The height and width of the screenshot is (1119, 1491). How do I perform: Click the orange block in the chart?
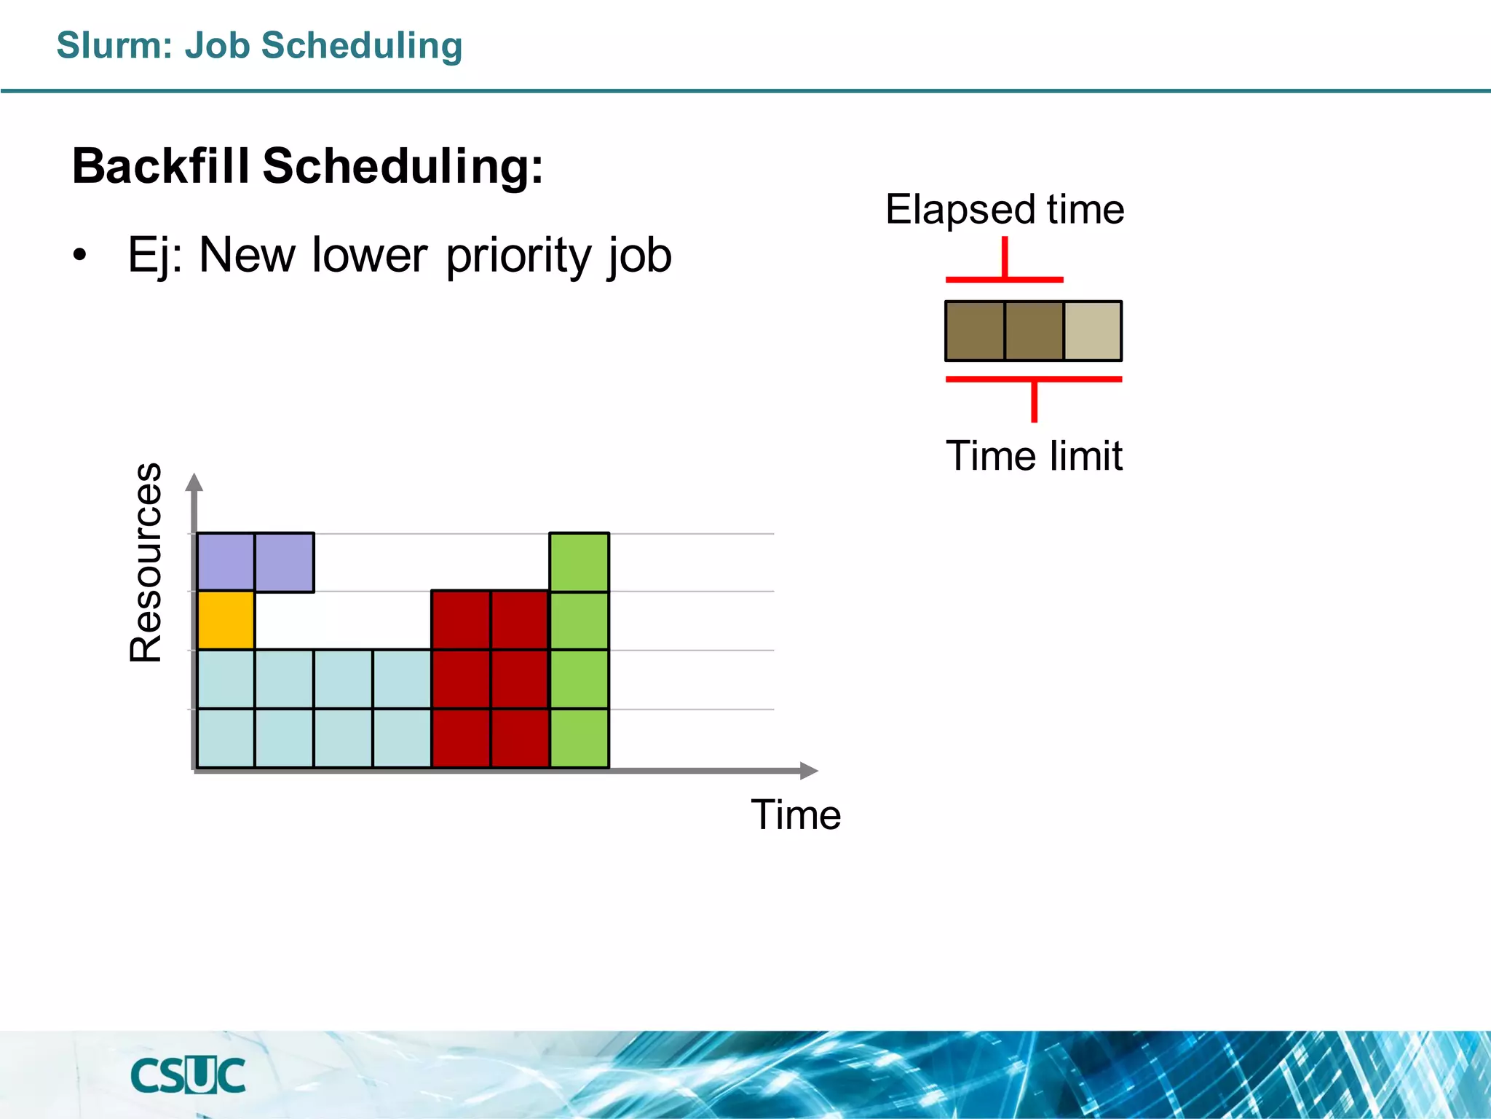[x=226, y=620]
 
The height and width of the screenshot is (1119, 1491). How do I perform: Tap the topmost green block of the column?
[x=580, y=562]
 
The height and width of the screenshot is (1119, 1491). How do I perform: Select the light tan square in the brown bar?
[x=1092, y=331]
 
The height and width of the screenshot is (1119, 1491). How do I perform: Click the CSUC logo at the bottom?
[x=188, y=1075]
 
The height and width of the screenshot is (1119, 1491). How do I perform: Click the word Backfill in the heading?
[x=160, y=166]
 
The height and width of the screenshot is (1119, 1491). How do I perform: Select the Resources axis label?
[x=146, y=562]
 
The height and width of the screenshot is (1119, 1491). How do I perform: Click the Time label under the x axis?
[x=796, y=814]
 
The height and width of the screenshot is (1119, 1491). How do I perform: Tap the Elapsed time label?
[x=1005, y=210]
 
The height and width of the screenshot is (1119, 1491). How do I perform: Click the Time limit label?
[x=1034, y=456]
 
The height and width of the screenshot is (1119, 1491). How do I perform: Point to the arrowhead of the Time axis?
[x=809, y=770]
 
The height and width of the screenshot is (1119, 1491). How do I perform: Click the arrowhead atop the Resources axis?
[x=194, y=482]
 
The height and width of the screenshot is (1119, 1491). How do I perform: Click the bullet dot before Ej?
[x=80, y=256]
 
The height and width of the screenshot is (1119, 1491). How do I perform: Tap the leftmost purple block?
[x=226, y=562]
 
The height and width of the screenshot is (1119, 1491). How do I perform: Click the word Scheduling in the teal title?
[x=362, y=45]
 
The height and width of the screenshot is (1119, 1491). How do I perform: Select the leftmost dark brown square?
[x=975, y=331]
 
